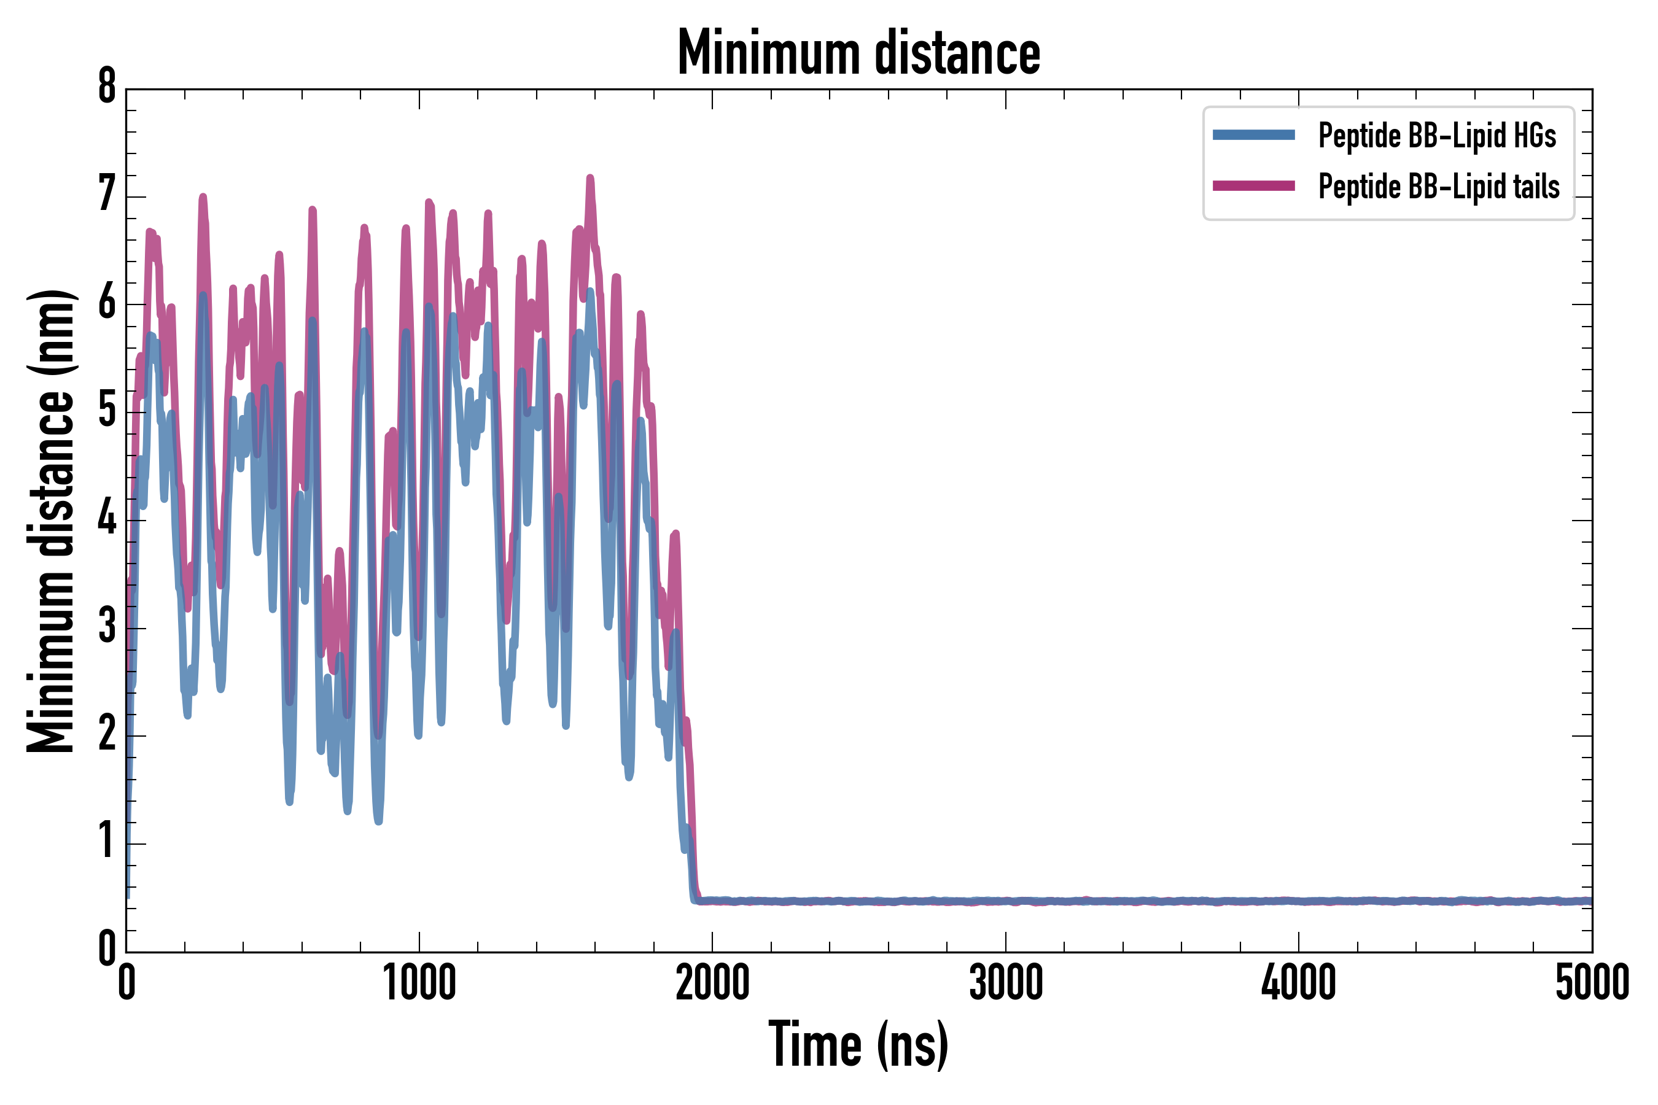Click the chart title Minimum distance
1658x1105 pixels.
tap(858, 52)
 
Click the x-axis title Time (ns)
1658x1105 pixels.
tap(858, 1044)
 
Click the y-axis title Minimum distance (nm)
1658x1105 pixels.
tap(51, 521)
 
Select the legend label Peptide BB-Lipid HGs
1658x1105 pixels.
tap(1437, 135)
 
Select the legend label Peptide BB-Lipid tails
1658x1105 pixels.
tap(1439, 187)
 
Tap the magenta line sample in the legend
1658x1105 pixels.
tap(1253, 186)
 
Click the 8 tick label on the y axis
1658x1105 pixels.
tap(107, 87)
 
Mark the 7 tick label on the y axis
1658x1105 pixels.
tap(107, 195)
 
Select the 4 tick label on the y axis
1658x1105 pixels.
tap(107, 520)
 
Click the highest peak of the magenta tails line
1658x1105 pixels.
tap(590, 178)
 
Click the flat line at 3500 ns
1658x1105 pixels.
tap(1152, 901)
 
